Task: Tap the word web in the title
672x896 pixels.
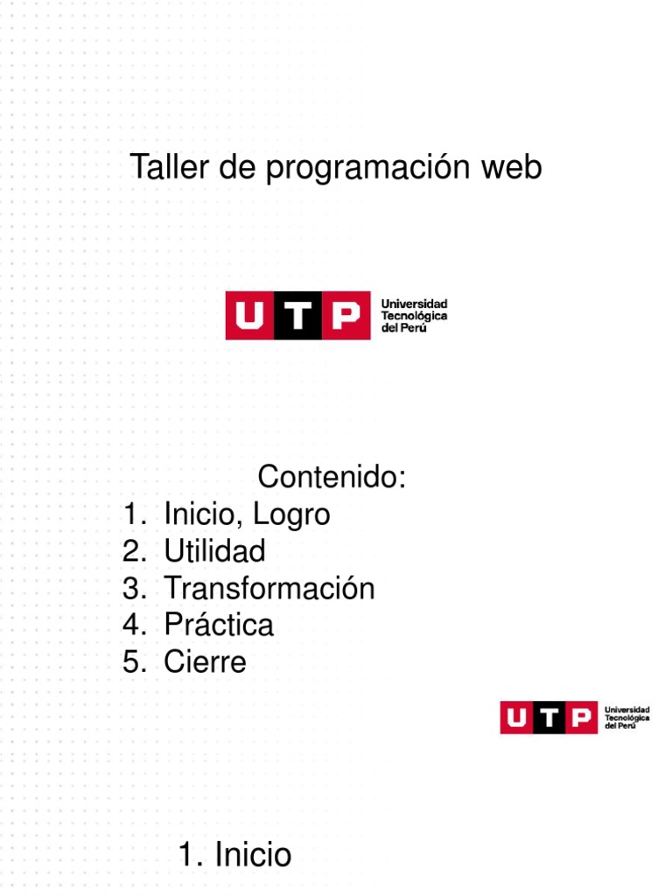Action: click(512, 167)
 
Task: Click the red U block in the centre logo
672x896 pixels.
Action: click(249, 316)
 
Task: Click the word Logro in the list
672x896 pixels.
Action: click(291, 514)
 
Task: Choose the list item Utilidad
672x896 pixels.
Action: click(214, 551)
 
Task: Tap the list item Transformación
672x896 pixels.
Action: click(269, 588)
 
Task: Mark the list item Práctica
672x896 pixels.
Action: click(219, 625)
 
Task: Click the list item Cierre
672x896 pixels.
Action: click(205, 661)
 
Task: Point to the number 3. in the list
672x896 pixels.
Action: click(134, 588)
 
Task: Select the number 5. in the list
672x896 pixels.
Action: click(134, 661)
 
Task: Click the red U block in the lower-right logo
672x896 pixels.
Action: click(518, 717)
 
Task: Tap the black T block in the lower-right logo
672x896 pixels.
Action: click(549, 717)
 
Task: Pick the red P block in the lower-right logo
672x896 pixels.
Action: click(579, 717)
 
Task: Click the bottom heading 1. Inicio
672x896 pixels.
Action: click(234, 854)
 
